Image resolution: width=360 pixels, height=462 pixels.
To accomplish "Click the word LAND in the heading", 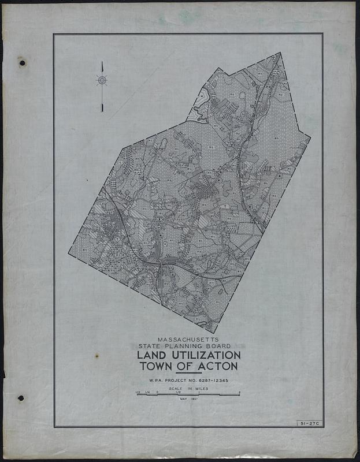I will [x=154, y=354].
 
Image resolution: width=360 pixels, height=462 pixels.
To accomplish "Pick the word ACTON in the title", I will [x=218, y=366].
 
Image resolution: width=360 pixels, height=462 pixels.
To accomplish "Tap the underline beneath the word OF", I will [x=188, y=373].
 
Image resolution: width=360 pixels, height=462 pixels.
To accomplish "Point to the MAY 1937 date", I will [x=188, y=400].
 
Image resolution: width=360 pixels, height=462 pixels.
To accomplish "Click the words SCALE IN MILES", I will [x=188, y=389].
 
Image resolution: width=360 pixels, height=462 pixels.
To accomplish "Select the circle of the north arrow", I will [x=102, y=81].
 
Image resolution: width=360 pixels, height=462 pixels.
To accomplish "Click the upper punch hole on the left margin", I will [x=21, y=62].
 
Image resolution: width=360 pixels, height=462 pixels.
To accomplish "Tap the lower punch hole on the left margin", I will [x=21, y=398].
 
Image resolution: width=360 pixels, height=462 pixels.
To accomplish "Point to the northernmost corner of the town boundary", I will [x=280, y=53].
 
